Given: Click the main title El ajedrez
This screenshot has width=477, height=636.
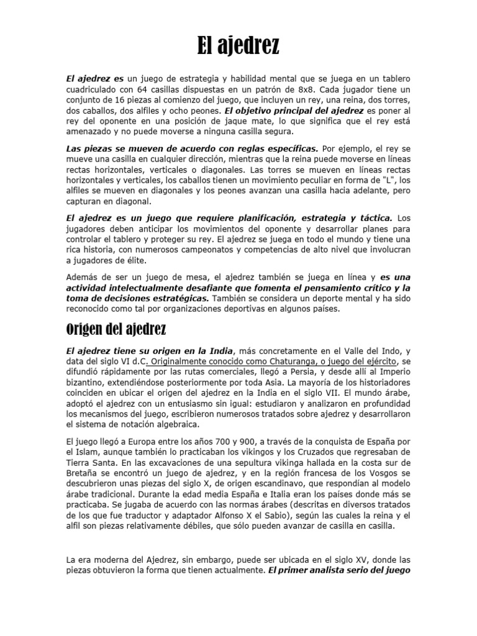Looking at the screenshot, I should [x=238, y=45].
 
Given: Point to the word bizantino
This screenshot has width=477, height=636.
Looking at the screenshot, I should [x=86, y=382].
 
